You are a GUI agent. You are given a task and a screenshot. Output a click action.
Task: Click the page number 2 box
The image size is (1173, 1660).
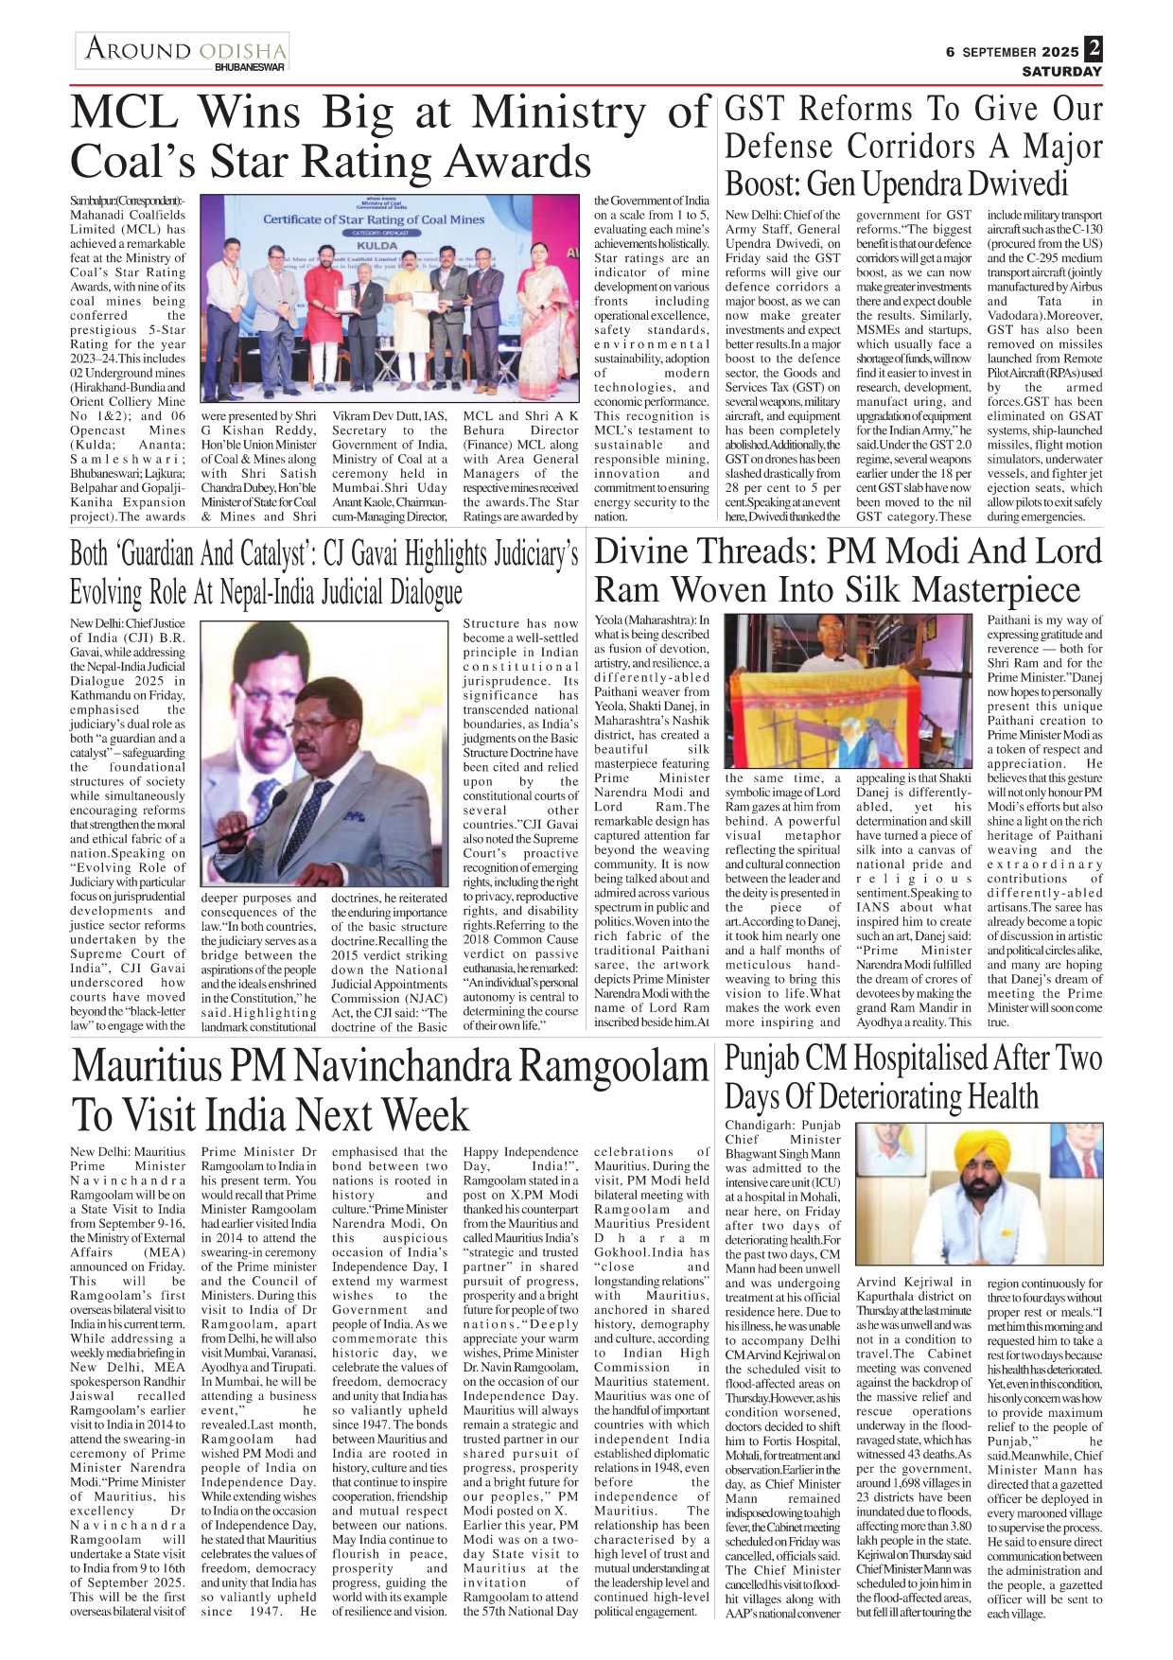tap(1094, 48)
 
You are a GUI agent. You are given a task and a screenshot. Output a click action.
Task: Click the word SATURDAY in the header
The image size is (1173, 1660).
tap(1061, 71)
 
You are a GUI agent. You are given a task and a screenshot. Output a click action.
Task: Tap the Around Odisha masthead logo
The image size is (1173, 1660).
tap(184, 49)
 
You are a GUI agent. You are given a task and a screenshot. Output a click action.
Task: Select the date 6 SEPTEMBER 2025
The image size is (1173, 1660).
tap(1011, 52)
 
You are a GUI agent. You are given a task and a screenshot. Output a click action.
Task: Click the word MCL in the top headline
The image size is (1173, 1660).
tap(124, 114)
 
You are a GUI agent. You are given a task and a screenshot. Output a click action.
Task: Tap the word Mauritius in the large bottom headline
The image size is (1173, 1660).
tap(177, 1067)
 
